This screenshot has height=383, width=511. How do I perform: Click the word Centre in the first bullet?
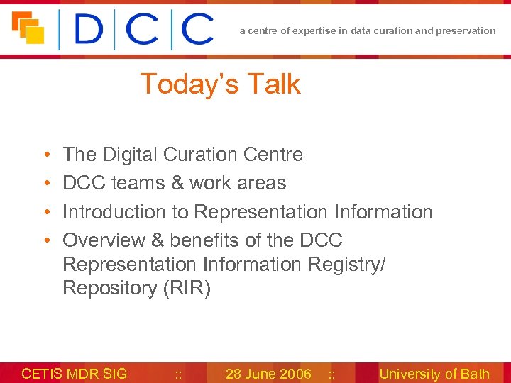(278, 155)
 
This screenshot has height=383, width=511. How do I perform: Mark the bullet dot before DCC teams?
(45, 184)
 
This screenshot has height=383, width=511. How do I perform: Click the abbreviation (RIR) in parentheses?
(187, 289)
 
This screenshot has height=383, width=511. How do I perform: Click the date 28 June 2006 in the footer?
(268, 374)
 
